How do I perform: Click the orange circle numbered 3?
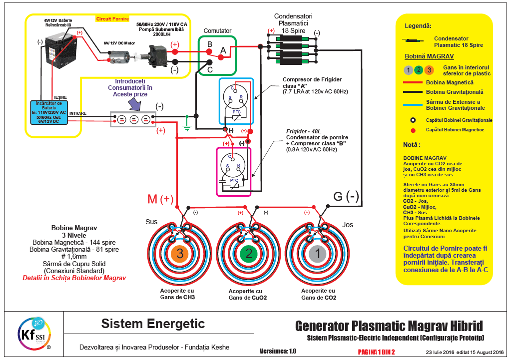click(180, 254)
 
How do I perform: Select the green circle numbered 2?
click(248, 254)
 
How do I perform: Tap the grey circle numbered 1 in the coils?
click(317, 254)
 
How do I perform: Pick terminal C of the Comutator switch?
click(210, 63)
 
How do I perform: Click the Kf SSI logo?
click(32, 332)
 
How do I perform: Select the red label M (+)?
click(160, 199)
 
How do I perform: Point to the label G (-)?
click(346, 196)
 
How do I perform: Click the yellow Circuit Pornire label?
click(112, 19)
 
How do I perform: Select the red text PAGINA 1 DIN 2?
click(376, 352)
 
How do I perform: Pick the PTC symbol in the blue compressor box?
click(236, 114)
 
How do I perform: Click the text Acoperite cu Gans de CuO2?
click(247, 294)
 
